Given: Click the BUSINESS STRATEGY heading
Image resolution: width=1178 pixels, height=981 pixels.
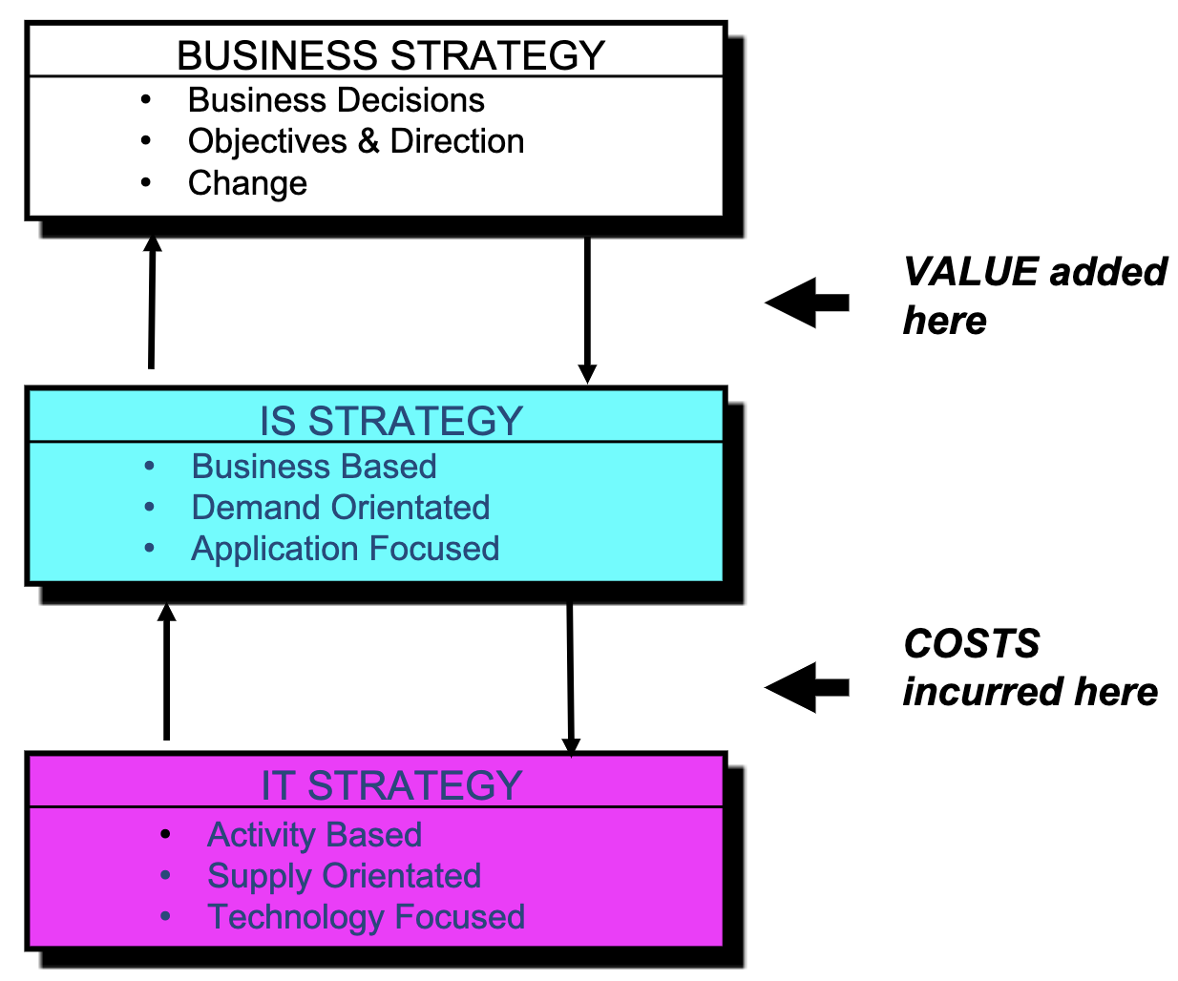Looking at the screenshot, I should click(x=390, y=55).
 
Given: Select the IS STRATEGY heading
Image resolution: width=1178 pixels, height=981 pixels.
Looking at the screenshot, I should click(x=390, y=421).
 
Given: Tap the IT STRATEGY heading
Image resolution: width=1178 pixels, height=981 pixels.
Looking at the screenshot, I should click(x=390, y=785).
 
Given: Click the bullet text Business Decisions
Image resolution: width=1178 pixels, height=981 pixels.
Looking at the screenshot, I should click(x=336, y=100).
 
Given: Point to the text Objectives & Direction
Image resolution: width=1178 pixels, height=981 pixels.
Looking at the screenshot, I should click(x=356, y=141).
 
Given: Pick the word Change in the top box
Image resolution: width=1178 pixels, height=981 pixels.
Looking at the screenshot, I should click(x=247, y=182).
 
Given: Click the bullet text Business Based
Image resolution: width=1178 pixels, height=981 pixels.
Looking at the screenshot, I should click(x=314, y=466).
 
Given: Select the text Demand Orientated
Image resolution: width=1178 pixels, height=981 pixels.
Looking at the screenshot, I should click(x=341, y=507).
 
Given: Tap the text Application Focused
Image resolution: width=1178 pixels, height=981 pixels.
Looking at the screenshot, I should click(x=346, y=549).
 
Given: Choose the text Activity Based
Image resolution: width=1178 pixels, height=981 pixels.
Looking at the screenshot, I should click(x=315, y=834).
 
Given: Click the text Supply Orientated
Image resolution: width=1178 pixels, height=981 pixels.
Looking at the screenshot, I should click(x=344, y=875).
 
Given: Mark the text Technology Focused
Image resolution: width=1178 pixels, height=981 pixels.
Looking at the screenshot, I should click(x=367, y=917).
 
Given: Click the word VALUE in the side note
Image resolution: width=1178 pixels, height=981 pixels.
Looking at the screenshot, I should click(x=970, y=272).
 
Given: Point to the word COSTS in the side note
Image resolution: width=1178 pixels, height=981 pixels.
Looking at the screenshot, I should click(x=971, y=644).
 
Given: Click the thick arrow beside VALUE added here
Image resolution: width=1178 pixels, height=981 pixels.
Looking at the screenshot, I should click(x=807, y=303).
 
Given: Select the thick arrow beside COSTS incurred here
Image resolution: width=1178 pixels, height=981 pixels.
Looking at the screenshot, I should click(x=807, y=687).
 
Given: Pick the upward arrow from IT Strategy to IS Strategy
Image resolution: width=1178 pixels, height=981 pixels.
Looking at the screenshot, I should click(x=166, y=673).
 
